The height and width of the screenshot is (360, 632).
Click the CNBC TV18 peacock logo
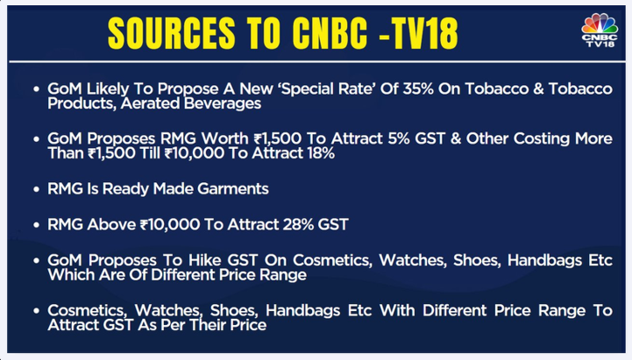(x=600, y=31)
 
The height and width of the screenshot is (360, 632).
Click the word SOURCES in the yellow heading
(x=172, y=34)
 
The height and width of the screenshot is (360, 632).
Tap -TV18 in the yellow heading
(x=418, y=34)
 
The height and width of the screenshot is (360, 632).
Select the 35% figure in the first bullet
(x=418, y=88)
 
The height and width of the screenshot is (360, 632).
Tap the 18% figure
(x=320, y=153)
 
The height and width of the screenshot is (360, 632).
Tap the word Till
(x=150, y=153)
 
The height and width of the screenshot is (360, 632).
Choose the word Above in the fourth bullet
(x=110, y=224)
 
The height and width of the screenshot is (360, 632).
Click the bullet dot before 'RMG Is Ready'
(x=37, y=189)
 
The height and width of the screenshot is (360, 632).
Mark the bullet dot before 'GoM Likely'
(x=37, y=89)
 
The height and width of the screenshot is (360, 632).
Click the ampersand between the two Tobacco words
(x=538, y=88)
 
